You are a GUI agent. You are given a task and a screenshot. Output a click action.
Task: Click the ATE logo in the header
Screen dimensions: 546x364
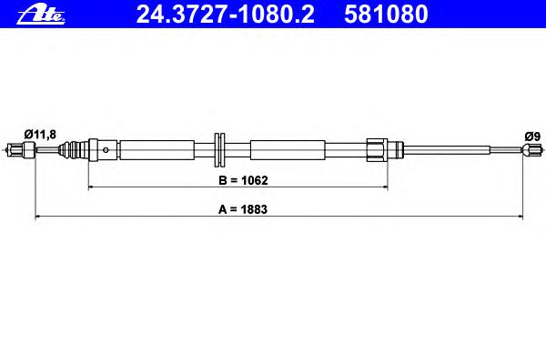(41, 15)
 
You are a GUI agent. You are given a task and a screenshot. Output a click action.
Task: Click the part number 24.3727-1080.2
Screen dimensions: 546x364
(226, 15)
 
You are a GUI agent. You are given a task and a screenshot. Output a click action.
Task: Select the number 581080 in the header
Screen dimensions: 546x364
(386, 15)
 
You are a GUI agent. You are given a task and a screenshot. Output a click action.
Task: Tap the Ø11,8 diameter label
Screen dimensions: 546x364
(40, 134)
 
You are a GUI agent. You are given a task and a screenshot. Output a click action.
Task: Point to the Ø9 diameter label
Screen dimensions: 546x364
(532, 136)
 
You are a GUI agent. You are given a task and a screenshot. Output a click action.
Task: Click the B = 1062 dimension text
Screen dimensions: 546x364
(243, 180)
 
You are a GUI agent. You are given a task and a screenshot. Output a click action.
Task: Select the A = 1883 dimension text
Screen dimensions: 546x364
(243, 209)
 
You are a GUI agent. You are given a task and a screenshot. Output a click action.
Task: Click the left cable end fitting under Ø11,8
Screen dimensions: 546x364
(22, 150)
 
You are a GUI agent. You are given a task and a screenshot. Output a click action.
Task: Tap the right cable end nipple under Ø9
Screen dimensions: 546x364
(532, 150)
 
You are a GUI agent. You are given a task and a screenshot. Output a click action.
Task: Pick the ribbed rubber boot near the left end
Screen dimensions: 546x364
(73, 150)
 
